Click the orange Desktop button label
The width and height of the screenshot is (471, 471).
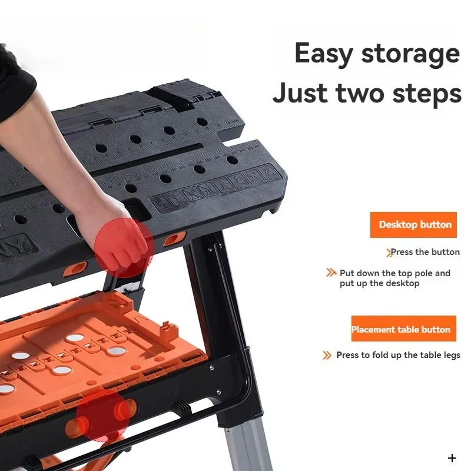[414, 224]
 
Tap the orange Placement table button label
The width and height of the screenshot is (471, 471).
[400, 329]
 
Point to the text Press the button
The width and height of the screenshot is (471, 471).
[425, 252]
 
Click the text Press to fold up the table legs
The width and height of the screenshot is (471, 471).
[398, 355]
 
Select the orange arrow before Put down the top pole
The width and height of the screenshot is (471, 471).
[331, 273]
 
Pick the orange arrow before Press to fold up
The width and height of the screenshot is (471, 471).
[327, 355]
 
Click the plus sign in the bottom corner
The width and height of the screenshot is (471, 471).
[452, 458]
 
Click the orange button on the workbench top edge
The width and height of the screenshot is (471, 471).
[174, 238]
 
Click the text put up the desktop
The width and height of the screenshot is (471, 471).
[379, 283]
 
